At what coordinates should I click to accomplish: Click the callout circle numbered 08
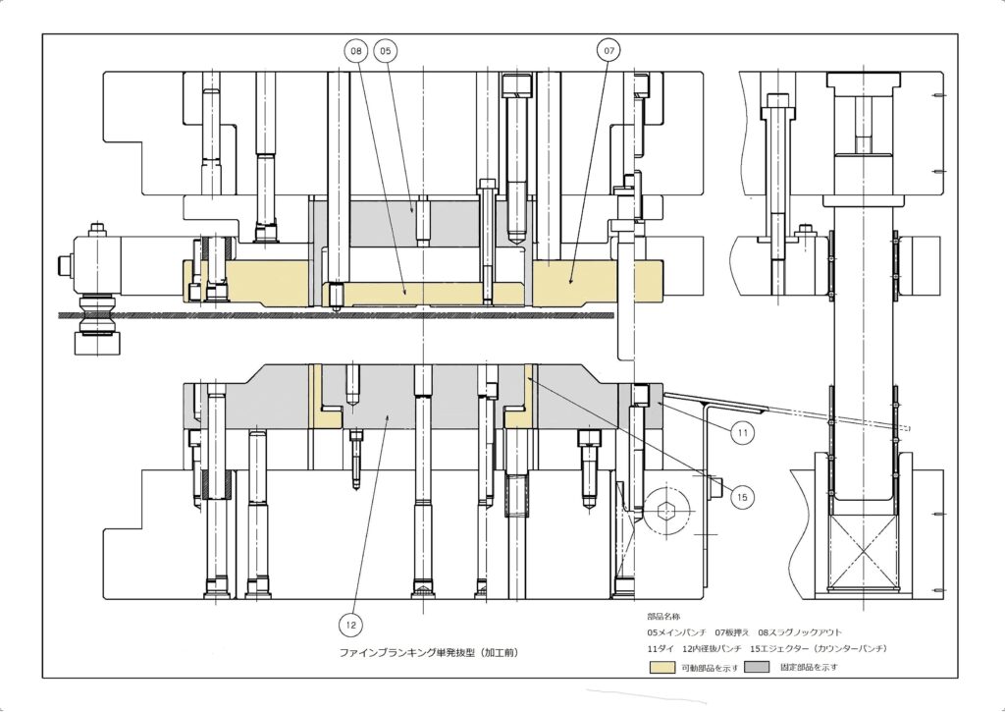coord(356,50)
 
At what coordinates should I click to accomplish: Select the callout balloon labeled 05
coord(385,50)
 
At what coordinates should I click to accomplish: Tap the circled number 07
coord(608,50)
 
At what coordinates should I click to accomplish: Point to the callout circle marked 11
coord(742,433)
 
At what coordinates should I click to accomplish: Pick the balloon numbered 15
coord(742,497)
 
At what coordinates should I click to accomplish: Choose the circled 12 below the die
coord(350,625)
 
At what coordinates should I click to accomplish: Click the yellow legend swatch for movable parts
coord(662,667)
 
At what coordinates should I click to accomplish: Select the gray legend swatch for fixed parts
coord(757,667)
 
